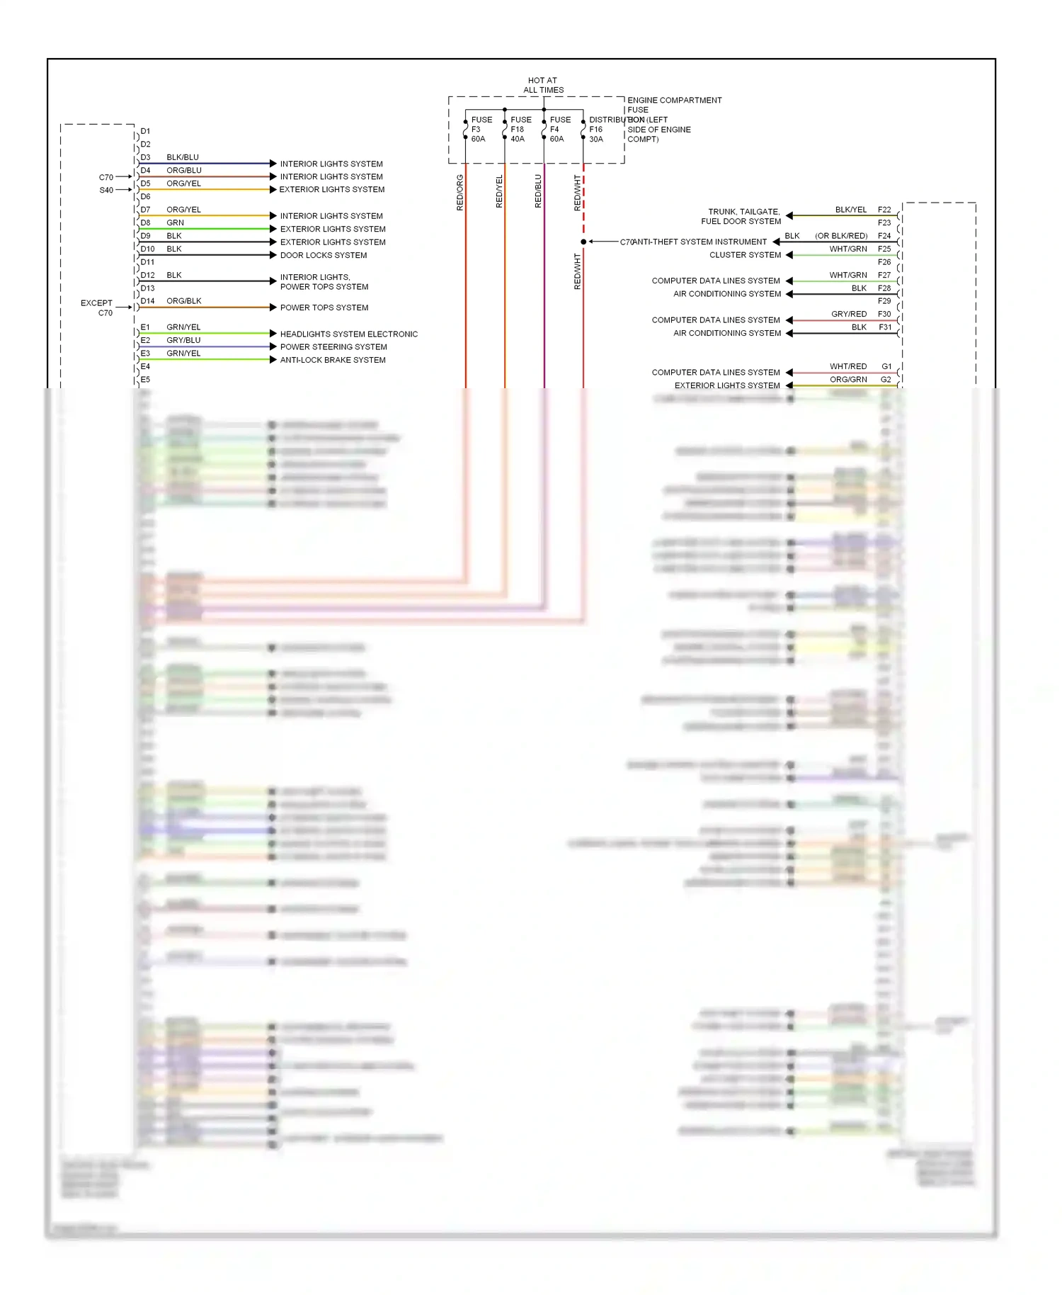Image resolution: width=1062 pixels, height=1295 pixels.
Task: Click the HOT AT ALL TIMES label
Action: click(543, 85)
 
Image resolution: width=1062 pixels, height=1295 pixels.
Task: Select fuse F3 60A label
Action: click(481, 129)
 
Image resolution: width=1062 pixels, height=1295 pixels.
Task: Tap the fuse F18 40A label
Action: click(520, 129)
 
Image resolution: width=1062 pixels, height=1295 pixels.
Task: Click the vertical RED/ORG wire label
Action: click(460, 192)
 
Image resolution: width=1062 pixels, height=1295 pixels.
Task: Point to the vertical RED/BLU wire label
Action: click(538, 191)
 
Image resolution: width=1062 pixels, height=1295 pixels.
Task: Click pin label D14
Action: click(147, 301)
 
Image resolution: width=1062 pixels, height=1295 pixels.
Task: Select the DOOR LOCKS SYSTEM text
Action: click(324, 255)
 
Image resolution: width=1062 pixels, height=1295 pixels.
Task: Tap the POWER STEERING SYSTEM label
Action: click(333, 346)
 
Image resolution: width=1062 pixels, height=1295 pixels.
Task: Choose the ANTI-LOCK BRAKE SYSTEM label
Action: click(333, 360)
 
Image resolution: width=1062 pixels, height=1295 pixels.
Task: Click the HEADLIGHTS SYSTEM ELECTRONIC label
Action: click(349, 334)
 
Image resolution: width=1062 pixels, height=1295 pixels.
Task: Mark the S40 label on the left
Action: click(106, 190)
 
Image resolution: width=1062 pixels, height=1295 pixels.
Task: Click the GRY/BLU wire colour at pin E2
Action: click(183, 340)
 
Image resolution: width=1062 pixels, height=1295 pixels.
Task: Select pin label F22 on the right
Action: click(884, 210)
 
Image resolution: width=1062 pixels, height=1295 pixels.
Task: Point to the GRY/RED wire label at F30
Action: click(849, 314)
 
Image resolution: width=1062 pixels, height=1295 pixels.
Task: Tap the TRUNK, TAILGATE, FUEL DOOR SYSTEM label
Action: click(742, 216)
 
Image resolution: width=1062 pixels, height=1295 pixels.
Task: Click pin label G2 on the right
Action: click(886, 380)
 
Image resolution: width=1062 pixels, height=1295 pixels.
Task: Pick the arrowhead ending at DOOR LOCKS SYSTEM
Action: click(273, 255)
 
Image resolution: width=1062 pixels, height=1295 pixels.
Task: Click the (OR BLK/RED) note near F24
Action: click(841, 236)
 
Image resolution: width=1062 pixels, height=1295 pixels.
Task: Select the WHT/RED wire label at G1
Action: click(848, 366)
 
